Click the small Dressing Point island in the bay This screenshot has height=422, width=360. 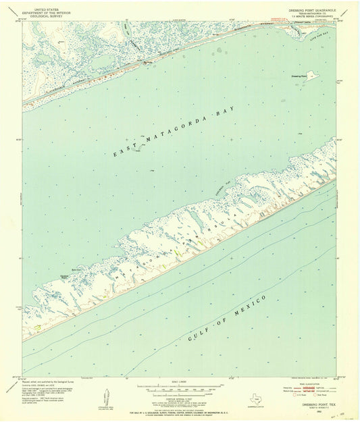coord(310,75)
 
